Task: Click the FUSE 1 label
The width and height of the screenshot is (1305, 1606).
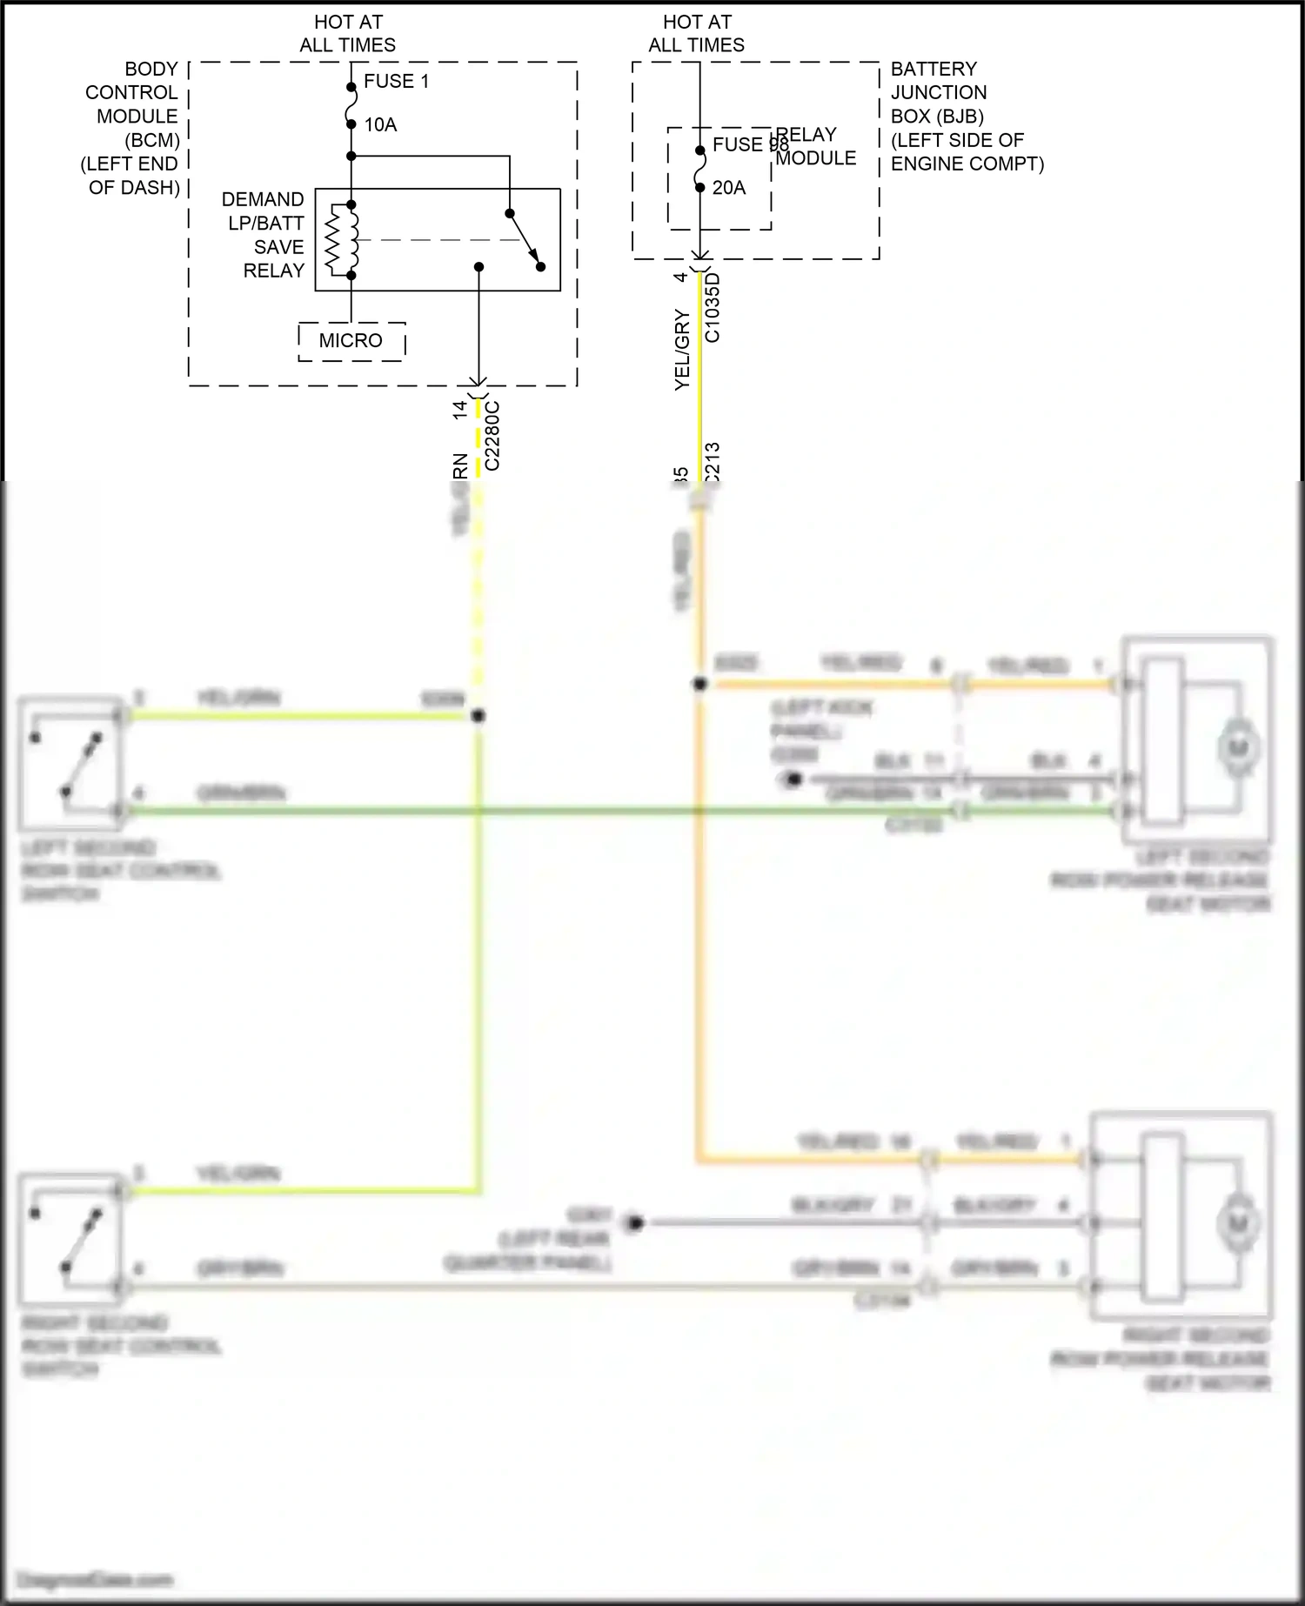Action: click(x=396, y=81)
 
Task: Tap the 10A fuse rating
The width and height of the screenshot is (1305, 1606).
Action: click(x=380, y=124)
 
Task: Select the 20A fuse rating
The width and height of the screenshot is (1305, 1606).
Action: click(x=728, y=187)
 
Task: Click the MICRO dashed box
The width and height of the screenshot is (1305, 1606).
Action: click(x=351, y=340)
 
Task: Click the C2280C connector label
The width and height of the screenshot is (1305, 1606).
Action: click(x=492, y=435)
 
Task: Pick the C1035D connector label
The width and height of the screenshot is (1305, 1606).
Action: click(x=712, y=308)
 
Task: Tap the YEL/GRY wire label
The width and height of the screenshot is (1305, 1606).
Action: click(x=682, y=350)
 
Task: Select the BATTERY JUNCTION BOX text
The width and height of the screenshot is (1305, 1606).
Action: click(x=938, y=92)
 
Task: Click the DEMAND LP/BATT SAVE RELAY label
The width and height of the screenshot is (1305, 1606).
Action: click(x=263, y=235)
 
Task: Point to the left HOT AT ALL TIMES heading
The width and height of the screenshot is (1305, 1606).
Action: click(x=348, y=33)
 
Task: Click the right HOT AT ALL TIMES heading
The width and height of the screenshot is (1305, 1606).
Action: click(x=697, y=33)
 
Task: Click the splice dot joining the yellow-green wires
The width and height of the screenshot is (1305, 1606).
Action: click(x=478, y=716)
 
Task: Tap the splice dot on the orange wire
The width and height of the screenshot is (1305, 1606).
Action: click(x=699, y=685)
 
